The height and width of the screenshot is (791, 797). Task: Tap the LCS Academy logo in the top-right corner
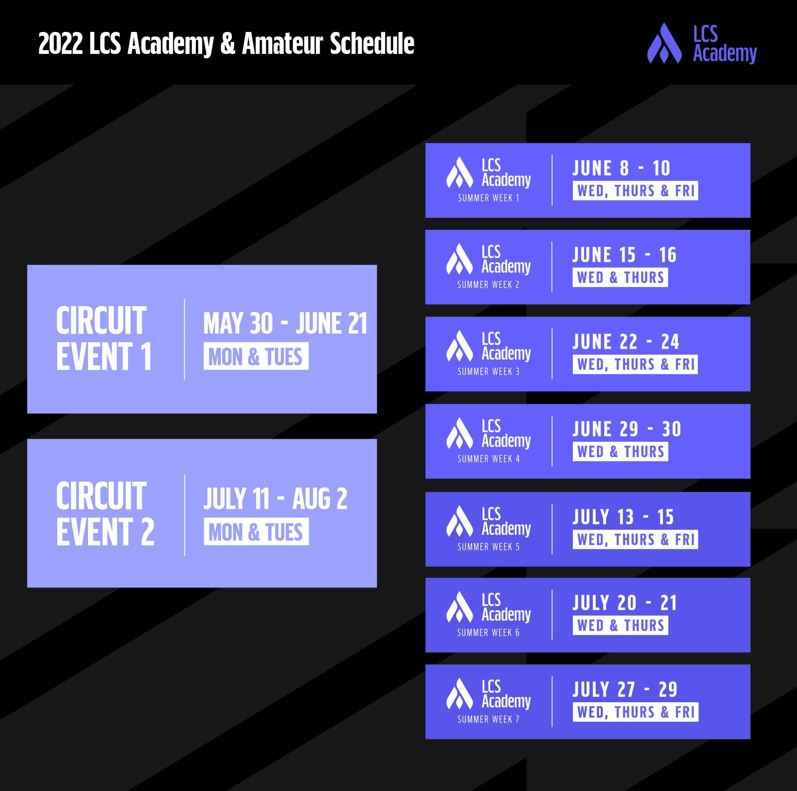tap(702, 44)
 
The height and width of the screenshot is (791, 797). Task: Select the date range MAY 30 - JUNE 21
tap(285, 324)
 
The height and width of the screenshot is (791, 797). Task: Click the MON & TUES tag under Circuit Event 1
tap(256, 356)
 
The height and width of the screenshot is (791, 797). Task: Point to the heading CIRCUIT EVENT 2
tap(105, 514)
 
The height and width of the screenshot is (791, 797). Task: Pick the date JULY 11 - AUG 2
tap(275, 499)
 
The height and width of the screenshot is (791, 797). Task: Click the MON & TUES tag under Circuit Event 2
tap(256, 532)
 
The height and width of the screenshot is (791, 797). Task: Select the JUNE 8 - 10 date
tap(621, 168)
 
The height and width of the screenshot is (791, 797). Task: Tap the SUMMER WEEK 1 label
tap(489, 198)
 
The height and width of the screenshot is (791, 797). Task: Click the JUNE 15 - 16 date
tap(624, 255)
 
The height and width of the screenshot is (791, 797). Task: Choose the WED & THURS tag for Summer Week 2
tap(620, 277)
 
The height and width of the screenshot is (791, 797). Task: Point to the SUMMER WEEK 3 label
tap(489, 372)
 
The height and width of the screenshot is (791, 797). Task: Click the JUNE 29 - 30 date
tap(627, 429)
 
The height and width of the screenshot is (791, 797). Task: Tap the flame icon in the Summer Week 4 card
tap(460, 433)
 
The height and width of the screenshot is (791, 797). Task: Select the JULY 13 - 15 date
tap(623, 517)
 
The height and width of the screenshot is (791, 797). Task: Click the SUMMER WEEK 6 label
tap(489, 633)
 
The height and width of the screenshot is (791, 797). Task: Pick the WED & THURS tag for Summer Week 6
tap(620, 625)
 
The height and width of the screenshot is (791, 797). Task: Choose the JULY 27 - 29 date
tap(625, 690)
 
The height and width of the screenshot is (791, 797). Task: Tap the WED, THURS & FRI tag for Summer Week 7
tap(636, 712)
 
